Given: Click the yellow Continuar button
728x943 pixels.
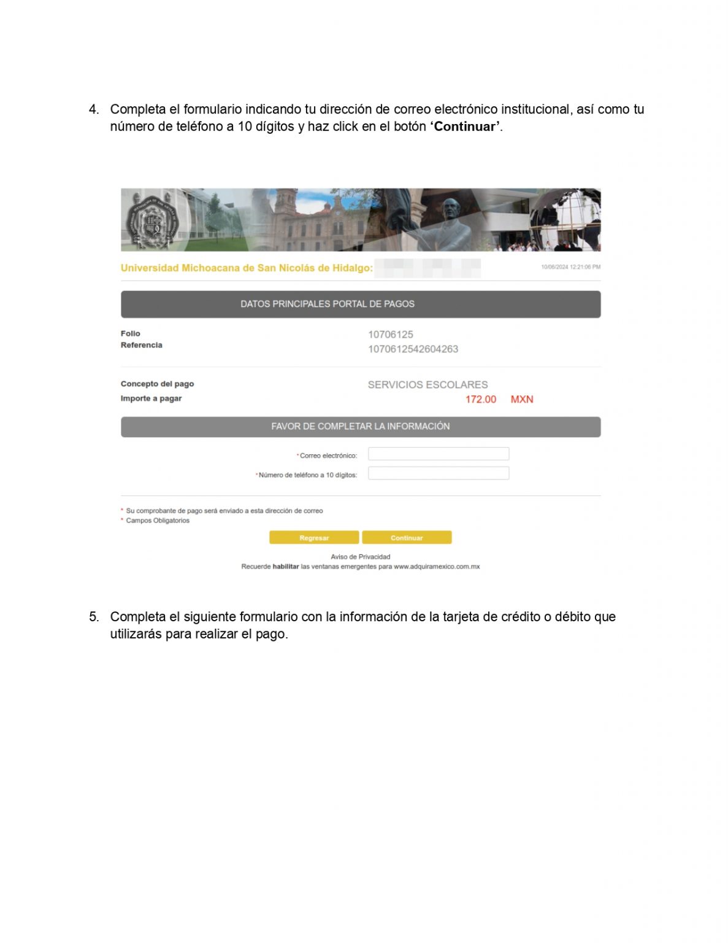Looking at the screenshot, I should (x=407, y=537).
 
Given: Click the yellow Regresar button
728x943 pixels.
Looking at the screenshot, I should (x=314, y=537).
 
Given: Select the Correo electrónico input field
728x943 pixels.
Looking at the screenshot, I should (x=438, y=454).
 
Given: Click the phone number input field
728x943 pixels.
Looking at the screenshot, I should (x=438, y=473).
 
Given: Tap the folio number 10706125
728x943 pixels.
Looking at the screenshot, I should (x=391, y=335).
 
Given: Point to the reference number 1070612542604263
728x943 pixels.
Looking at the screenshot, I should (x=413, y=349).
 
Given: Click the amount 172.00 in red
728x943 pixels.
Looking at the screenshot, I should (x=481, y=399).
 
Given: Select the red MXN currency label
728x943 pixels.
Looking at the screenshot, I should (x=522, y=399).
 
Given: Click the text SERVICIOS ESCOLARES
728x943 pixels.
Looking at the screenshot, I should (x=427, y=384).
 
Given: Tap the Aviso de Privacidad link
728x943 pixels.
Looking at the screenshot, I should (x=360, y=557).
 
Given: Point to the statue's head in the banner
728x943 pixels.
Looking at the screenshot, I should (x=453, y=209).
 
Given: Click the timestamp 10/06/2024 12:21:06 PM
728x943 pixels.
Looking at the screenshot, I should (x=570, y=267).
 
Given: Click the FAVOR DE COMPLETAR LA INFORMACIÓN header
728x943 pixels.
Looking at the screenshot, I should (x=360, y=426).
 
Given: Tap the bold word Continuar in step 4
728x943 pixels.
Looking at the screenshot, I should (x=465, y=126).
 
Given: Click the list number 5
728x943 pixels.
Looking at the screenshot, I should (x=93, y=616).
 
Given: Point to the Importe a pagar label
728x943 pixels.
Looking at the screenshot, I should (x=151, y=398).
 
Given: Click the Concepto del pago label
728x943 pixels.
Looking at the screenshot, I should (x=157, y=384).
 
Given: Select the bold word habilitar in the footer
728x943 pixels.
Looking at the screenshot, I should (x=285, y=567).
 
